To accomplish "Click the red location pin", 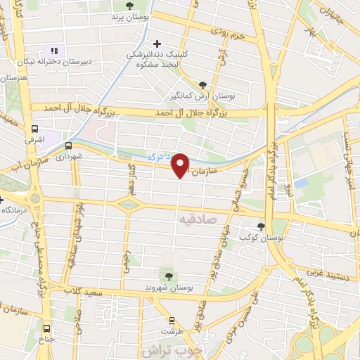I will pos(181,165).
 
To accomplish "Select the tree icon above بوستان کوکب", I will pos(262,226).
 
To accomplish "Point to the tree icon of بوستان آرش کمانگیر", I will pos(204,82).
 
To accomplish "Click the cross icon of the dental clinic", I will pos(157,44).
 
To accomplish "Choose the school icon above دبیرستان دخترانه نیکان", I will pos(53,51).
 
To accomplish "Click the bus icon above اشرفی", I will pos(34,129).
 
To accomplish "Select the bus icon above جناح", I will pos(46,328).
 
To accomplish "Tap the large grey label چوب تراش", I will pos(176,352).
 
